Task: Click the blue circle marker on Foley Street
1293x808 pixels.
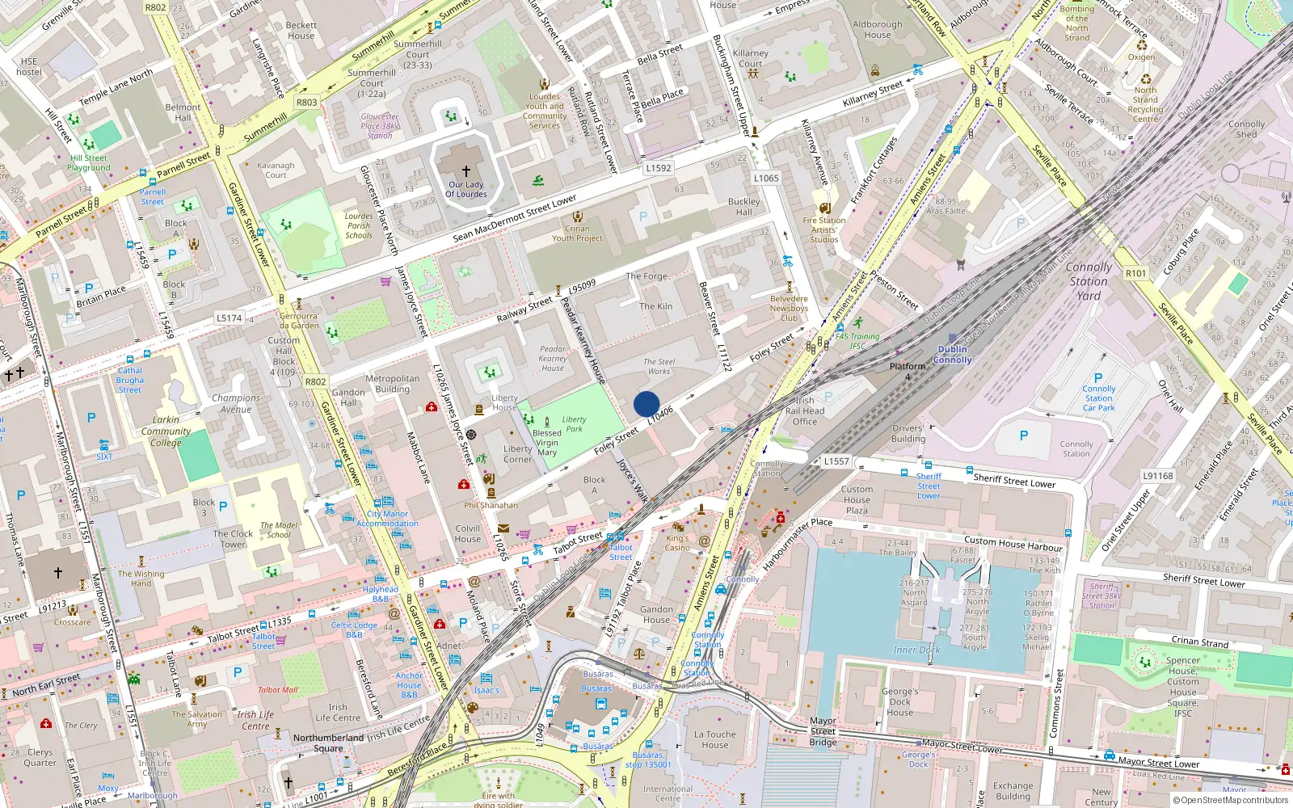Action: tap(646, 404)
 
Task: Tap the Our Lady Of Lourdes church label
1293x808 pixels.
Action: tap(466, 189)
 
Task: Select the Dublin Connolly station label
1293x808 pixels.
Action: tap(953, 355)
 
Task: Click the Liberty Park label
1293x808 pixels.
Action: tap(575, 424)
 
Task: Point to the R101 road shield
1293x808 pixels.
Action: tap(1135, 273)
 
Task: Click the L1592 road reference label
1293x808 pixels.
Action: tap(659, 168)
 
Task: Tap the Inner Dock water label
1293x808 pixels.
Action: tap(916, 650)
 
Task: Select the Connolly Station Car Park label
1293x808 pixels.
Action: tap(1098, 398)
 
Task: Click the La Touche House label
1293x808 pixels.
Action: tap(714, 739)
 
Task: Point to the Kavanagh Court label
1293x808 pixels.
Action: tap(276, 170)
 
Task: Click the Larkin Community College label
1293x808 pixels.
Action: tap(166, 431)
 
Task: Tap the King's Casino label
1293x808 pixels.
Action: tap(677, 543)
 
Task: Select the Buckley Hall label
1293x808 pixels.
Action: tap(743, 207)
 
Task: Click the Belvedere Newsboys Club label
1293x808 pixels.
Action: tap(789, 308)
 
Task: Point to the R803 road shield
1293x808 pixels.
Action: tap(306, 103)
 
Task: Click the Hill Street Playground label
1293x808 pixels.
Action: tap(89, 163)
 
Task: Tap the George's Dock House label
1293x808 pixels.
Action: tap(899, 701)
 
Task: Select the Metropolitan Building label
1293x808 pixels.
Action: tap(393, 383)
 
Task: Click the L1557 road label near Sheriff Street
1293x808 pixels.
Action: tap(836, 461)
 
